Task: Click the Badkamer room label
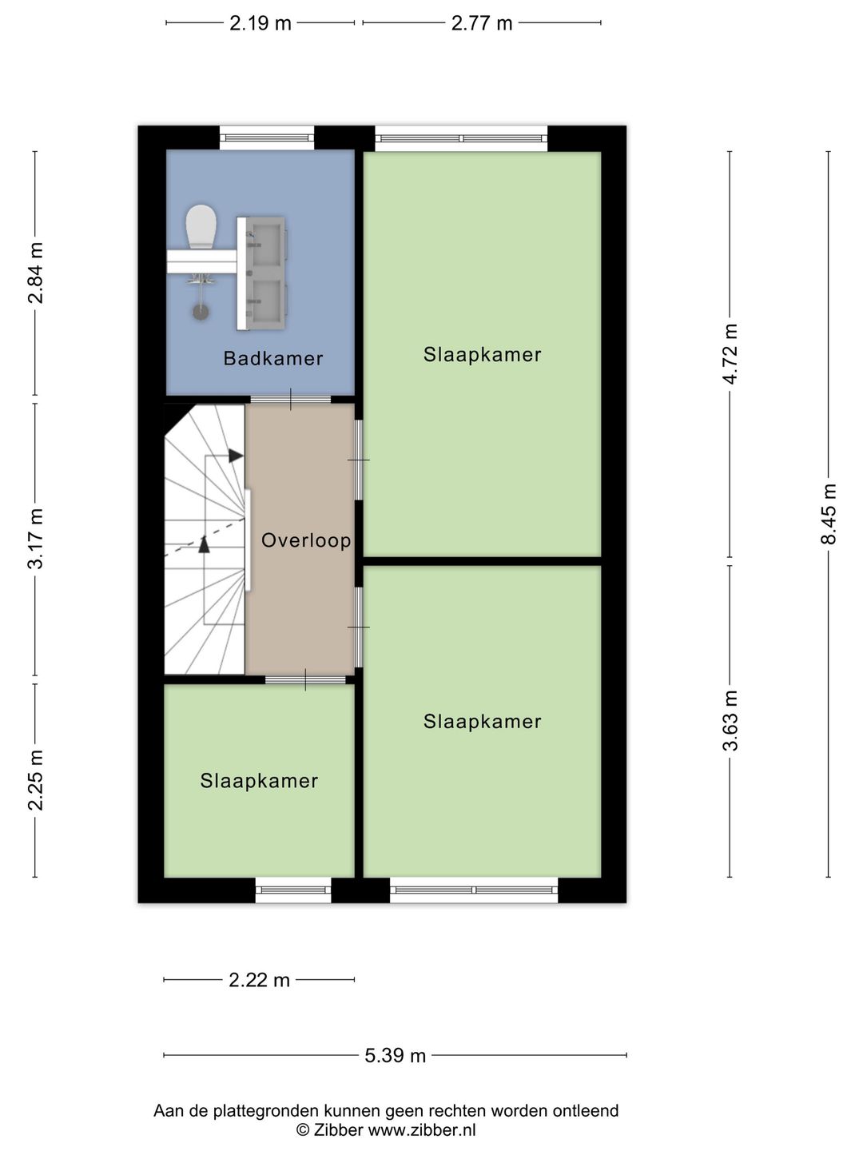click(x=273, y=359)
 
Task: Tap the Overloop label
click(x=306, y=540)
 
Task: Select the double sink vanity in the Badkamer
click(x=261, y=273)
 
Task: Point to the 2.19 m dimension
click(x=260, y=23)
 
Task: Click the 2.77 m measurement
click(x=482, y=23)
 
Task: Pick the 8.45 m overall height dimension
click(x=829, y=515)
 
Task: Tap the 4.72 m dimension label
click(x=730, y=354)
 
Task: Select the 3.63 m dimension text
click(x=730, y=720)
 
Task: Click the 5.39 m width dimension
click(x=395, y=1056)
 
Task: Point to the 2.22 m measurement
click(x=260, y=979)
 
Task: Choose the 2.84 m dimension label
click(x=36, y=273)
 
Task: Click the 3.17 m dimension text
click(x=36, y=539)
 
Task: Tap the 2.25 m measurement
click(x=36, y=780)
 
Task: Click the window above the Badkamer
click(x=267, y=138)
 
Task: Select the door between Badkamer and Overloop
click(x=291, y=400)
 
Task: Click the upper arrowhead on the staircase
click(x=236, y=456)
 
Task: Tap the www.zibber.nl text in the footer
click(x=422, y=1129)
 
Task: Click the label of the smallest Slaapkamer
click(x=260, y=781)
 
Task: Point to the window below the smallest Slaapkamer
click(x=293, y=890)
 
